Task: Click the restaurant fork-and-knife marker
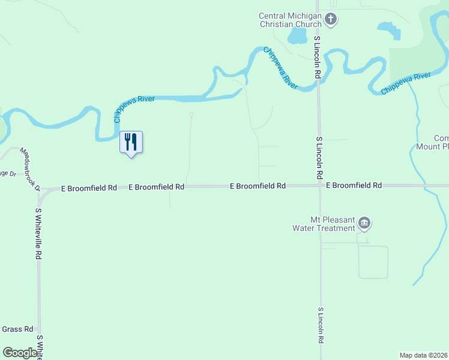pyautogui.click(x=131, y=142)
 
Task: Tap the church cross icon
pyautogui.click(x=330, y=20)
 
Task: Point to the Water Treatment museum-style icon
pyautogui.click(x=364, y=224)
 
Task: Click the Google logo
pyautogui.click(x=20, y=353)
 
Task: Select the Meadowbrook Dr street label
pyautogui.click(x=29, y=169)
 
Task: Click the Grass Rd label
pyautogui.click(x=17, y=329)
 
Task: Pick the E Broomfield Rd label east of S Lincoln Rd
pyautogui.click(x=354, y=185)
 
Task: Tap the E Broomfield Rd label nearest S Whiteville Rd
pyautogui.click(x=89, y=188)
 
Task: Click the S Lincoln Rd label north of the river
pyautogui.click(x=318, y=57)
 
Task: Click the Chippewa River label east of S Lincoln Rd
pyautogui.click(x=406, y=83)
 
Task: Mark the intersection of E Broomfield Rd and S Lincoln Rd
pyautogui.click(x=319, y=186)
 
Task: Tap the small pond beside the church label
pyautogui.click(x=297, y=37)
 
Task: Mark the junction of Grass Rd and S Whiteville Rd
pyautogui.click(x=40, y=329)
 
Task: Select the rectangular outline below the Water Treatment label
pyautogui.click(x=373, y=262)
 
